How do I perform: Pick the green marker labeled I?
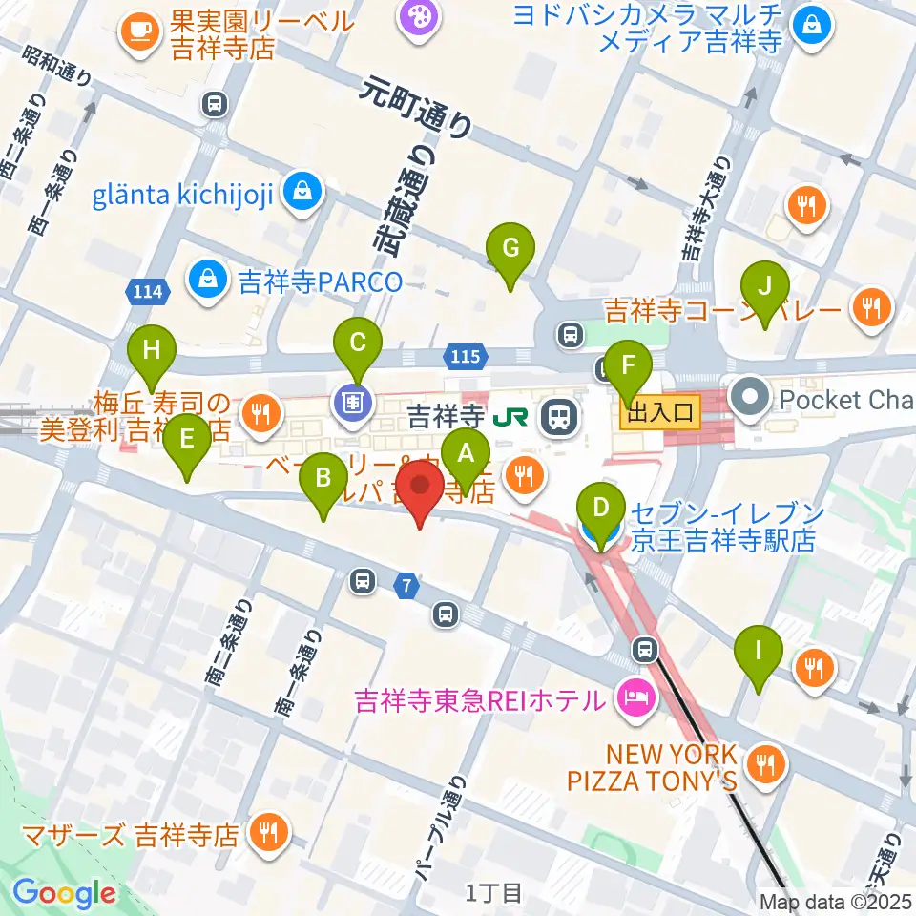[x=759, y=653]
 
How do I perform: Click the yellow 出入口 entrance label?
[x=660, y=413]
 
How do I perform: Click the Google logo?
[x=65, y=893]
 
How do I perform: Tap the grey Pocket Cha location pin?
[x=748, y=399]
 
